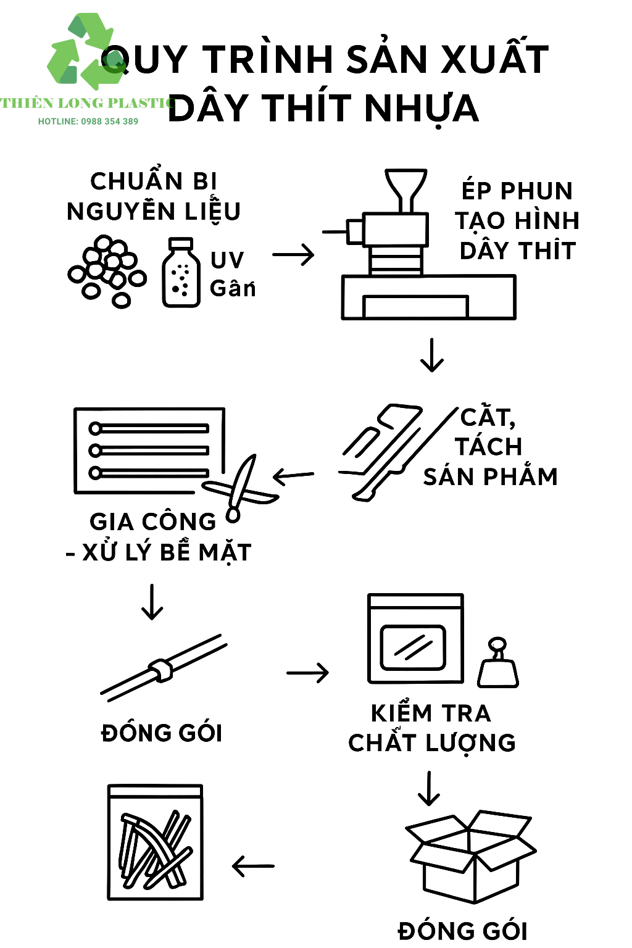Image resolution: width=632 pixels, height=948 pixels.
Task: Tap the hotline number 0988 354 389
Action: pos(110,122)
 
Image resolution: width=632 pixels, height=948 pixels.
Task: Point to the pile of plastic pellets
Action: pos(107,271)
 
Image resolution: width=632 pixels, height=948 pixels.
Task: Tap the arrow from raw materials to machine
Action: pos(293,254)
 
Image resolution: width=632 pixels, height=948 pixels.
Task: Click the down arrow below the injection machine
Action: pos(432,355)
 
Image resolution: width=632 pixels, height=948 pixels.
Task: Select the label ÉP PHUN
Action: pos(517,190)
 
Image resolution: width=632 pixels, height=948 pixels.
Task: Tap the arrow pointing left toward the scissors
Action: pos(293,476)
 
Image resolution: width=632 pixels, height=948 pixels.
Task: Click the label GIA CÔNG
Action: pos(153,522)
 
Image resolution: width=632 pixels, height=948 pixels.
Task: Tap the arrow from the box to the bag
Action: pos(253,866)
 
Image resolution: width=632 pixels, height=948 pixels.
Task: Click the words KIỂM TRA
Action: pos(431,713)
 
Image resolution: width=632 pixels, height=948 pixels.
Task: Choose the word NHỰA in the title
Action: pos(422,109)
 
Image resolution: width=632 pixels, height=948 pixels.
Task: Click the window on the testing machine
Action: pos(413,647)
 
